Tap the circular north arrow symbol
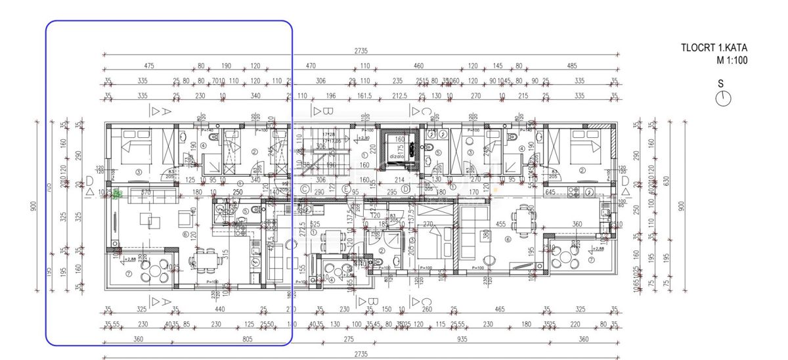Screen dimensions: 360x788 click(x=724, y=98)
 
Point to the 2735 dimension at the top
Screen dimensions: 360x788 click(x=361, y=51)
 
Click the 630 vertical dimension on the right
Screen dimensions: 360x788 click(x=668, y=181)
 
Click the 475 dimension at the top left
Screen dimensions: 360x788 click(x=148, y=66)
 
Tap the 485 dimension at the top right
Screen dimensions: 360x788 click(x=571, y=66)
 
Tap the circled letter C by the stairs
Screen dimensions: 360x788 click(x=304, y=189)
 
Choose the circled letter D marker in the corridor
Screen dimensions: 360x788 click(x=406, y=189)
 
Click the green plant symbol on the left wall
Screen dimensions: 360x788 click(x=117, y=192)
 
